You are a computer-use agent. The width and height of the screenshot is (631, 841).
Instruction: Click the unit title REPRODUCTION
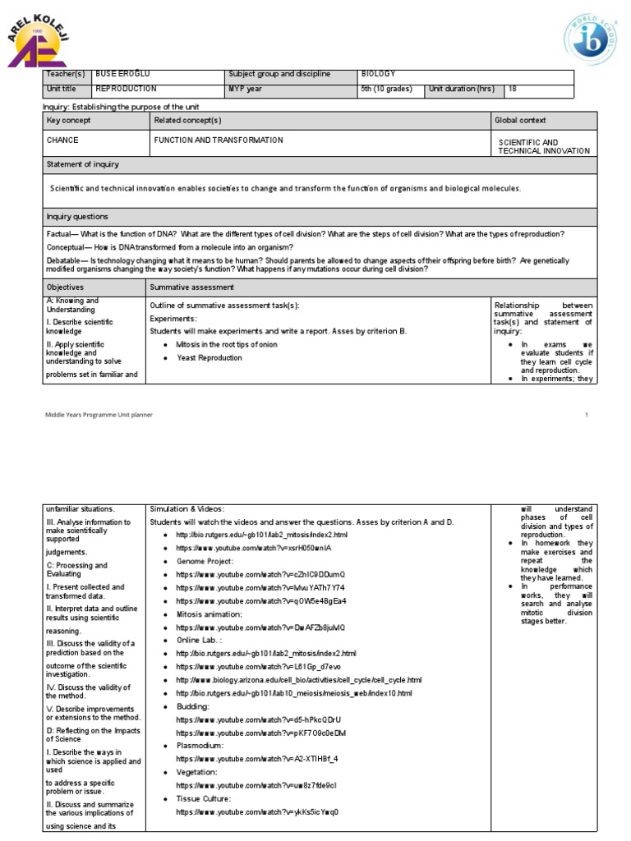click(x=126, y=89)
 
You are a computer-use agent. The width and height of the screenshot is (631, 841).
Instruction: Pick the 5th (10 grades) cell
click(x=386, y=89)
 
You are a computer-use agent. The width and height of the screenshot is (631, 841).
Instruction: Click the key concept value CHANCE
click(x=63, y=140)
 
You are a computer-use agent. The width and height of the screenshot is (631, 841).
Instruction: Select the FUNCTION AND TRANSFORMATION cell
click(x=219, y=140)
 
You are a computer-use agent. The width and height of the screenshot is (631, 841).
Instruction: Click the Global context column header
click(x=520, y=121)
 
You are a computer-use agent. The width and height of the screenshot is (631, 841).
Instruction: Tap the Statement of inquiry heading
click(x=83, y=165)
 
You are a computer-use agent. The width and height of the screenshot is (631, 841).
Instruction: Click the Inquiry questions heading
click(x=77, y=217)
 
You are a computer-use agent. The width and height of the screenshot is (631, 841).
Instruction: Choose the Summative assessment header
click(x=191, y=287)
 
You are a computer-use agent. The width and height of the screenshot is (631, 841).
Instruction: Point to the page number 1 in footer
click(x=587, y=416)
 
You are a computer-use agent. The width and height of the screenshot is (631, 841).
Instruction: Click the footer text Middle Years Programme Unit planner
click(x=99, y=416)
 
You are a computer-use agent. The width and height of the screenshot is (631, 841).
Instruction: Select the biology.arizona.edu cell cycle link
click(x=298, y=680)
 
